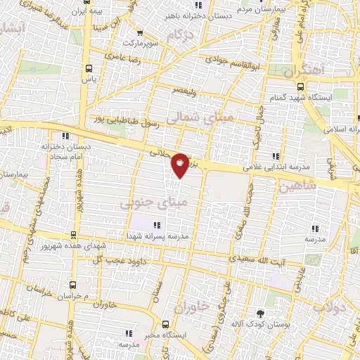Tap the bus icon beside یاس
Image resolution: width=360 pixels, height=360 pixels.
point(88,69)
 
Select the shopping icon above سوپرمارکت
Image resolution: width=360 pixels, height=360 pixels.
point(140,32)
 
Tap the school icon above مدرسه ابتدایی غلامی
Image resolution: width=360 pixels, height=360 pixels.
point(277,156)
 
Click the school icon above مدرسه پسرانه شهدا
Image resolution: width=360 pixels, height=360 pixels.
point(157,226)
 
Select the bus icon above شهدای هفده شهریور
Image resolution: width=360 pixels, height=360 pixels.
point(73,236)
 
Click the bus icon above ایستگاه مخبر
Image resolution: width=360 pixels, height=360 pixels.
point(165,324)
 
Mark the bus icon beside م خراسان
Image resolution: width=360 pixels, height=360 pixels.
point(73,285)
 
